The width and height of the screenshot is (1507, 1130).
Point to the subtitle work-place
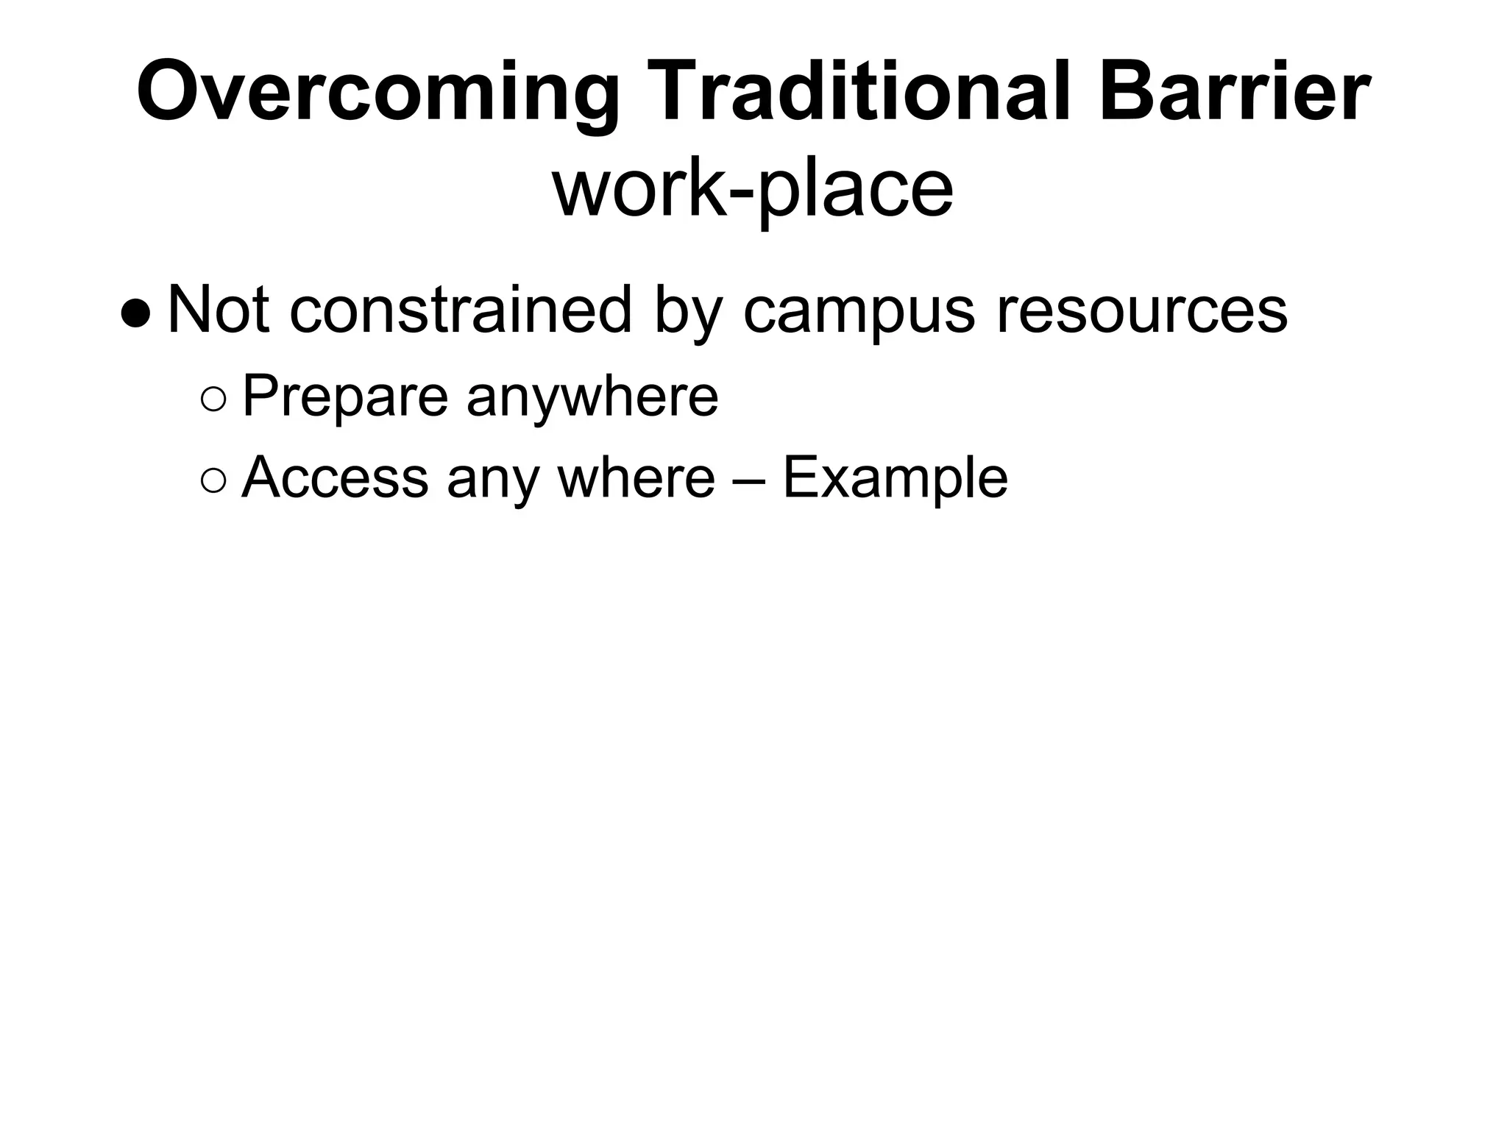(753, 190)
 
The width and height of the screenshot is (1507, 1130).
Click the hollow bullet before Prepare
(213, 401)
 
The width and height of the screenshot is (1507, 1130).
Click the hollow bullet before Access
(213, 482)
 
